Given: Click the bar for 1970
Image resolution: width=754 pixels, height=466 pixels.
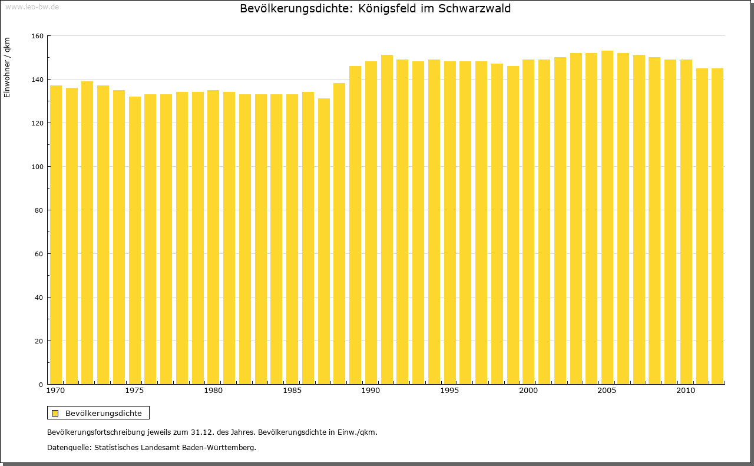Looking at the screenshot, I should pos(56,236).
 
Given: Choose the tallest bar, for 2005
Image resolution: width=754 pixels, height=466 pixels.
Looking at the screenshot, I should pos(607,218).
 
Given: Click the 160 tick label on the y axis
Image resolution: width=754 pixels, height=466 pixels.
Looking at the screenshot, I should pos(37,36).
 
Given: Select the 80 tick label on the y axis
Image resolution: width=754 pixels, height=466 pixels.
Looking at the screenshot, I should pos(39,210).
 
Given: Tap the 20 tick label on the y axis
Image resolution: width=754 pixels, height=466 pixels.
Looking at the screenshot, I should pos(39,341).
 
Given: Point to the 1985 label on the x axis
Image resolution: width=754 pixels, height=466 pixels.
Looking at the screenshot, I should pos(292,391).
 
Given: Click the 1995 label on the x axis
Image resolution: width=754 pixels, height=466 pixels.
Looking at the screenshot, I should pos(449,391).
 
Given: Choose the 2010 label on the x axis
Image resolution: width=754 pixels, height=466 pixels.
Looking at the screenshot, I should pos(686,391).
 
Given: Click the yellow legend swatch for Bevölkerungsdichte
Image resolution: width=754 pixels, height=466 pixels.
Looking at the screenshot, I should pos(55,413).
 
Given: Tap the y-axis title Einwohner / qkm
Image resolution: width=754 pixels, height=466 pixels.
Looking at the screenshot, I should pos(7,68).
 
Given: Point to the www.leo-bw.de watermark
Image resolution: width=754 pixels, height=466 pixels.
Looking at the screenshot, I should pos(32,6).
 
